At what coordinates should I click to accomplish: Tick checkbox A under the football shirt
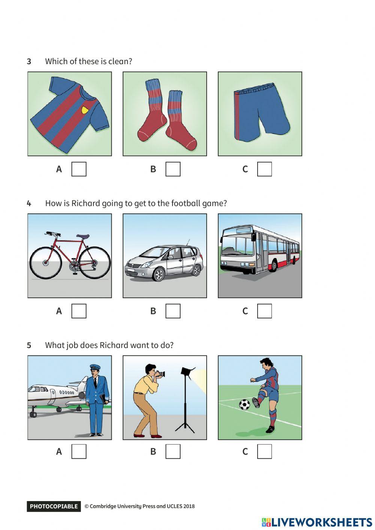tap(79, 169)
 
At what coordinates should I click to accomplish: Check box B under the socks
tap(173, 169)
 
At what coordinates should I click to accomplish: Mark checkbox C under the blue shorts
tap(264, 169)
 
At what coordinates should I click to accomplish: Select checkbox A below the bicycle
tap(79, 311)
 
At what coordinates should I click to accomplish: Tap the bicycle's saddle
tap(83, 236)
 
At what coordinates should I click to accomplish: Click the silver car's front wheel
tap(159, 274)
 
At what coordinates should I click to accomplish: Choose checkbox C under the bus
tap(264, 311)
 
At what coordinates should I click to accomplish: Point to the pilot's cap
tap(95, 367)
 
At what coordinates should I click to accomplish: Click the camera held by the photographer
tap(160, 374)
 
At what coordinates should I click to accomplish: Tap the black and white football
tap(244, 405)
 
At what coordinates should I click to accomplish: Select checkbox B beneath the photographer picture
tap(173, 452)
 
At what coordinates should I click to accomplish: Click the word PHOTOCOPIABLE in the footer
tap(54, 506)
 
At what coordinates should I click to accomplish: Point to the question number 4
tap(29, 203)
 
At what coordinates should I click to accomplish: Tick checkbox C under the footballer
tap(264, 452)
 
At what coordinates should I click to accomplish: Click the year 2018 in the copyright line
tap(189, 506)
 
